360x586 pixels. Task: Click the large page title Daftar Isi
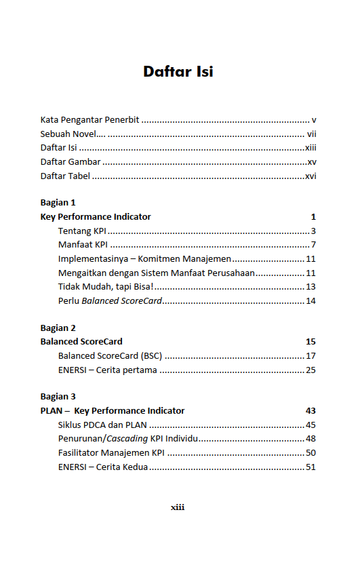click(x=178, y=71)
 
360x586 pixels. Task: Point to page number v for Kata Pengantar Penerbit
click(x=314, y=119)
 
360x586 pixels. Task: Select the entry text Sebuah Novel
click(x=68, y=134)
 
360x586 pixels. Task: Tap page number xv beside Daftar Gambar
click(x=311, y=161)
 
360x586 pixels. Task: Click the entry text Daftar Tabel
click(x=65, y=176)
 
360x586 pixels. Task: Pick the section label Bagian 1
click(x=58, y=203)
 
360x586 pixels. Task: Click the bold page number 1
click(x=313, y=217)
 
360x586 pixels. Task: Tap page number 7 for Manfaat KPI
click(x=313, y=245)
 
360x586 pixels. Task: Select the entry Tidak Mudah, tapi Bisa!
click(x=106, y=286)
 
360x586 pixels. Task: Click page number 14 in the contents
click(x=311, y=300)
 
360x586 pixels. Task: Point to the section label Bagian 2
click(x=58, y=328)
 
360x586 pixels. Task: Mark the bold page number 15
click(x=311, y=342)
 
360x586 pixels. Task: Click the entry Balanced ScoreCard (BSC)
click(x=110, y=355)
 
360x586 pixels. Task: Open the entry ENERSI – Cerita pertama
click(x=107, y=370)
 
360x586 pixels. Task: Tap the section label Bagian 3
click(x=58, y=397)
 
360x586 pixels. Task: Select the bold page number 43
click(x=311, y=411)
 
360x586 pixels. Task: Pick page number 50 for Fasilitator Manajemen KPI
click(x=311, y=452)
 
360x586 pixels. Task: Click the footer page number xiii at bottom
click(x=178, y=507)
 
